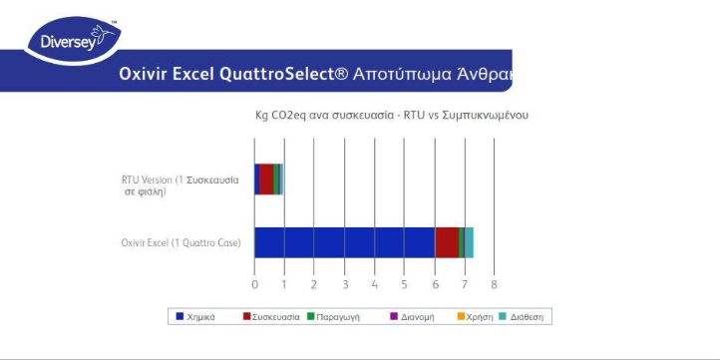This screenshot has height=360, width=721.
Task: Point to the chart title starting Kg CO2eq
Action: tap(392, 116)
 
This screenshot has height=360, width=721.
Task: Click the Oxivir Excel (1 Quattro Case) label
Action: tap(180, 242)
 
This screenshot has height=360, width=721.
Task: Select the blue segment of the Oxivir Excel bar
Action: tap(344, 242)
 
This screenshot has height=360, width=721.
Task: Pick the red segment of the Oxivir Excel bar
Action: tap(447, 242)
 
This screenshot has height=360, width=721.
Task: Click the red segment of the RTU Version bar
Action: tap(266, 179)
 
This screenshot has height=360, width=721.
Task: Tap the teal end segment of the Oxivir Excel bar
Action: tap(469, 242)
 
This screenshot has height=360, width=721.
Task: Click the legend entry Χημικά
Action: tap(200, 316)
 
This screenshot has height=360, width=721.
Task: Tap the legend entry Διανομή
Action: tap(410, 316)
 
